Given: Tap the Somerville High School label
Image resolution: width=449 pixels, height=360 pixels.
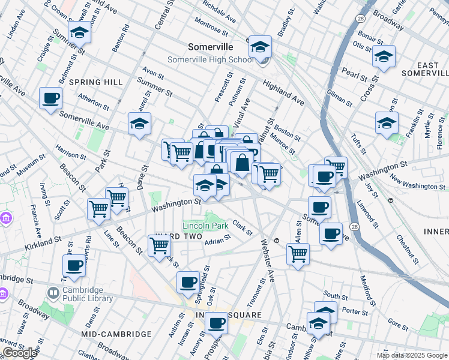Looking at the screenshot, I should [218, 59].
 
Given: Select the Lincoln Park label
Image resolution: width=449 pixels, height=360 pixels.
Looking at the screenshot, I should [205, 226].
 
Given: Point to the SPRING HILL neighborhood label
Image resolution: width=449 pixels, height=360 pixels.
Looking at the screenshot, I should [96, 82].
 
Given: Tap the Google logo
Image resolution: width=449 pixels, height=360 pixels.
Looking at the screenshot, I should [19, 353].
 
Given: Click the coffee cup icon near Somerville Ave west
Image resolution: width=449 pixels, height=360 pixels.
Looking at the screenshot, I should [51, 98].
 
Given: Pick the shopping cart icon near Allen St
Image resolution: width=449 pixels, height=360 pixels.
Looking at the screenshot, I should [298, 253].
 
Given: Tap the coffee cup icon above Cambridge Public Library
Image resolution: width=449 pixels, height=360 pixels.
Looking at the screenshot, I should [74, 265].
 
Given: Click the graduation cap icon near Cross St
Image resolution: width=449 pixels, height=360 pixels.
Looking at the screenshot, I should [383, 56].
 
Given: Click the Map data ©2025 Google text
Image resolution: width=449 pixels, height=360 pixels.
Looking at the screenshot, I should [411, 355].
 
